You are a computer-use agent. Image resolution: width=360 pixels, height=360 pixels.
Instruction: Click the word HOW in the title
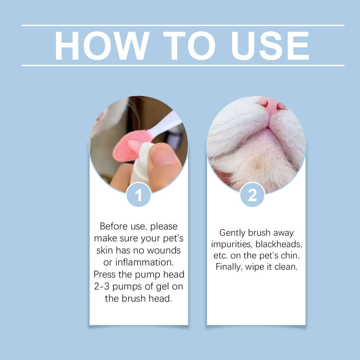[x=102, y=46]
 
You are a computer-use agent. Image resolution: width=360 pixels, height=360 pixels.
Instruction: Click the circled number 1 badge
[x=139, y=195]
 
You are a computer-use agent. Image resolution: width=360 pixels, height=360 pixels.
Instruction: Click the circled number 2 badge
[x=252, y=195]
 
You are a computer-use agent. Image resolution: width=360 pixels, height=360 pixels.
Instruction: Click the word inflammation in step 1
[x=143, y=262]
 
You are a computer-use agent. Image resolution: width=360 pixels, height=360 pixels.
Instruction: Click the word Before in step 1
[x=113, y=226]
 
